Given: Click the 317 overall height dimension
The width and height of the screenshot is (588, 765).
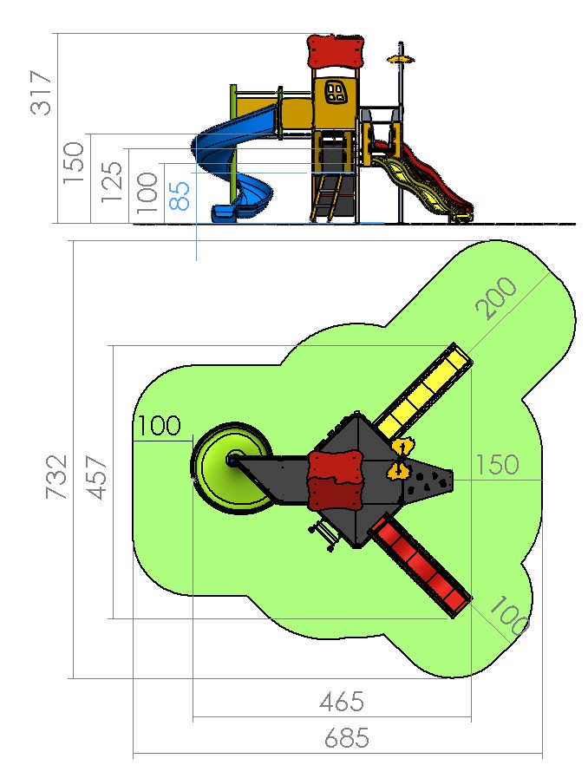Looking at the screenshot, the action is point(41,93).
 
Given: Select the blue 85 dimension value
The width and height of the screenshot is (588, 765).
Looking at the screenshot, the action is point(180,196).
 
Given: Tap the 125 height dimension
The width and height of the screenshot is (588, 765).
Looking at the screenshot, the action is point(112,181).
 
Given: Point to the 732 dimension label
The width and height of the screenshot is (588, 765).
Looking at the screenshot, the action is point(56,477).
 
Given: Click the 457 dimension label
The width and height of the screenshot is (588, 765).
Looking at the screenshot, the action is point(96,478).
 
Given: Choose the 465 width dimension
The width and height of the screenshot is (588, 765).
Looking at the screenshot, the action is point(342,702).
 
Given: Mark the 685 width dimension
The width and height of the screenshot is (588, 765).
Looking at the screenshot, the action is point(347,738).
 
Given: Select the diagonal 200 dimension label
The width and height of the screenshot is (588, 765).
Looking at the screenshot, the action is point(496,297).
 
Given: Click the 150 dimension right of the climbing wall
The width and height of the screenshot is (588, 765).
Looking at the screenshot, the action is point(497,465).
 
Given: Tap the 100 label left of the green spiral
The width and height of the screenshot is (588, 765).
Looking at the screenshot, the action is point(159,425).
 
